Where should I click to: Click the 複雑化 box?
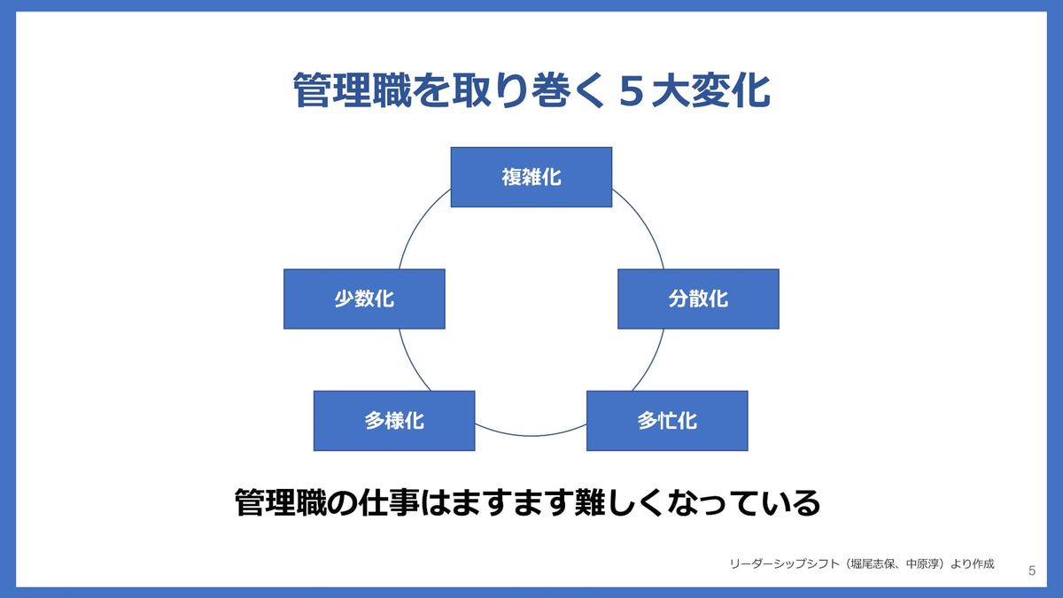pos(531,177)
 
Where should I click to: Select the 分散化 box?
pos(698,299)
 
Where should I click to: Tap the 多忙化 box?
pos(667,421)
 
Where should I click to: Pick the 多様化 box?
pos(394,421)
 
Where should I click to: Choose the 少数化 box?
pos(364,299)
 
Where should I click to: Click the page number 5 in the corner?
pos(1032,571)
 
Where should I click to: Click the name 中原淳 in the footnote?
pos(931,563)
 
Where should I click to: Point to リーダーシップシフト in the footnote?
pos(783,563)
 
